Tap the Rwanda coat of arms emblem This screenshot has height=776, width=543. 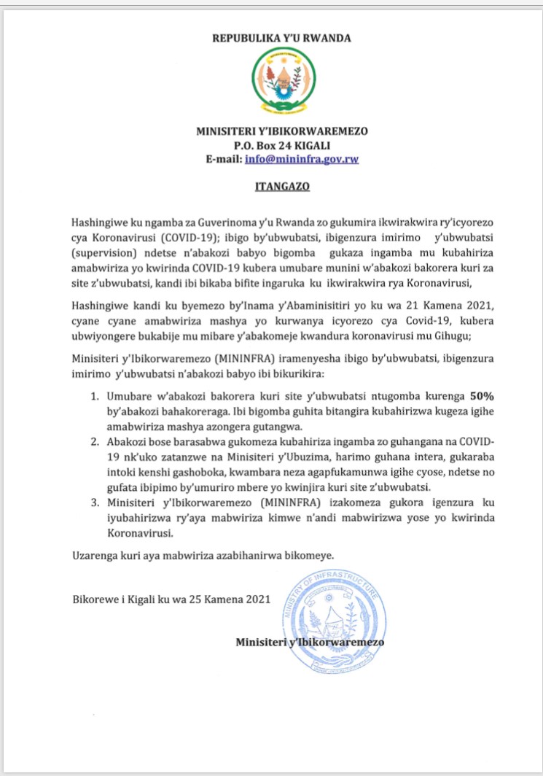click(282, 81)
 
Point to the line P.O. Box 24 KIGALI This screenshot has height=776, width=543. click(282, 144)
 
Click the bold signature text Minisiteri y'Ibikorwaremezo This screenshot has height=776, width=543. click(310, 642)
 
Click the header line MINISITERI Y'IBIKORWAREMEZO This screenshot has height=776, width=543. click(282, 131)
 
